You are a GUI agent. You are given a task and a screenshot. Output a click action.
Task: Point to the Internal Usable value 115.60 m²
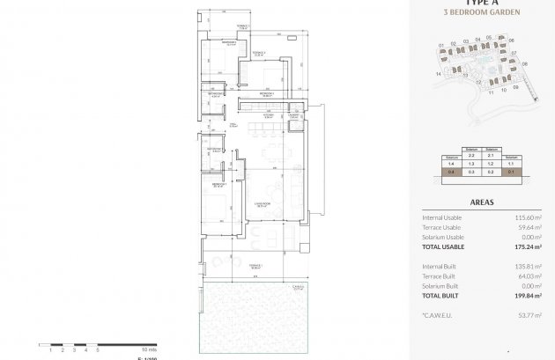click(x=527, y=217)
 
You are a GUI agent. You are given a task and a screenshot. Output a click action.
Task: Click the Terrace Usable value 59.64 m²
click(x=529, y=227)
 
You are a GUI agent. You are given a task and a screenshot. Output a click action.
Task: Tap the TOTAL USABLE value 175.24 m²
click(x=526, y=247)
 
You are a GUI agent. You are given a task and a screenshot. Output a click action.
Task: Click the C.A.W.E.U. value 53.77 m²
click(x=529, y=316)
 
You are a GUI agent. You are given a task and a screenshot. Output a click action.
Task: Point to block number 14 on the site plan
click(x=437, y=75)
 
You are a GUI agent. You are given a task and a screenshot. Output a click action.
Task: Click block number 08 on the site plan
click(x=524, y=64)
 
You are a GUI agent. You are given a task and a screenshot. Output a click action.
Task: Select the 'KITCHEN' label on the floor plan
click(x=269, y=114)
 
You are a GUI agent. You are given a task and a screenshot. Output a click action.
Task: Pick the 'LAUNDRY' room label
click(x=292, y=114)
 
